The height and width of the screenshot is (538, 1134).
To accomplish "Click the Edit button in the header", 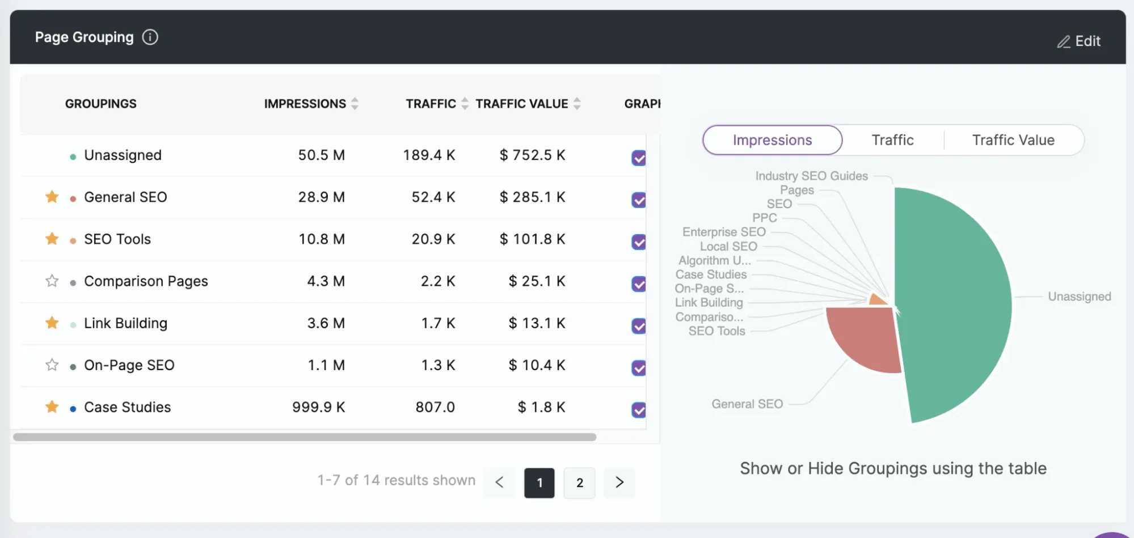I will [x=1079, y=41].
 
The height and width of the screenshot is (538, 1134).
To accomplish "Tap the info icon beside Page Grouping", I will [x=150, y=37].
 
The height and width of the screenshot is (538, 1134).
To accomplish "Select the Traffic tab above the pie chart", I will [x=892, y=140].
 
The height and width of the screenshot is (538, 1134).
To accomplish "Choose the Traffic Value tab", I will [x=1013, y=140].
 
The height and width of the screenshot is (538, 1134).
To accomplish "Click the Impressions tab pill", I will [x=772, y=140].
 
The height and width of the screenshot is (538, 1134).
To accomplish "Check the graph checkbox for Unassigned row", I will [x=639, y=158].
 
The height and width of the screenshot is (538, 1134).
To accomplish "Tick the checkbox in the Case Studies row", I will [x=639, y=410].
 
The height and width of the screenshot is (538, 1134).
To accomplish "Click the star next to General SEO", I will [x=52, y=197].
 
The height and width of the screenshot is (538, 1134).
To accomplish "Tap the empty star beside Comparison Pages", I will [x=52, y=281].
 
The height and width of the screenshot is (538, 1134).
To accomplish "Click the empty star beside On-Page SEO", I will [x=52, y=365].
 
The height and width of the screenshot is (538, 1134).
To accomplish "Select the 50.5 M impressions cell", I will [x=321, y=155].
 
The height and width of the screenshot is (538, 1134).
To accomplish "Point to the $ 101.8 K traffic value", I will [x=532, y=239].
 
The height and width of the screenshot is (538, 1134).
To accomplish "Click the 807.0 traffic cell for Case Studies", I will [x=435, y=407].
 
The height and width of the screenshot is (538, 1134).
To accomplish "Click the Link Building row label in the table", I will [x=125, y=323].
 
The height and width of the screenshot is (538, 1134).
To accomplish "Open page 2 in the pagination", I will [x=579, y=482].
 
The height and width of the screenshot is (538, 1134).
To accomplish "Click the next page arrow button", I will [x=619, y=482].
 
